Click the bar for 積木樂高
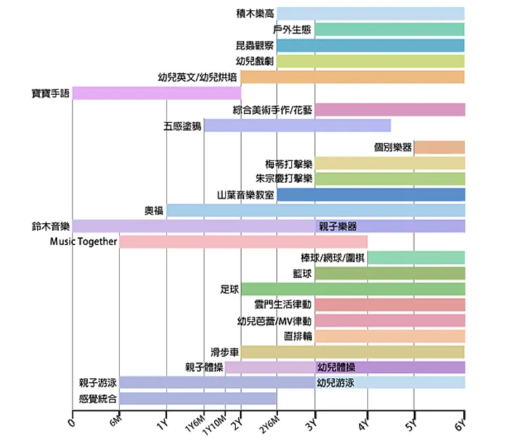[x=370, y=13]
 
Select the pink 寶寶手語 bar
[x=156, y=93]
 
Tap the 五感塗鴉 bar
[x=297, y=125]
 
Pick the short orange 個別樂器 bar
[x=439, y=147]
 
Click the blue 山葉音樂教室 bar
[x=370, y=194]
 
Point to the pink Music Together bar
[x=243, y=242]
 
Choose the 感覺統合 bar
[x=197, y=398]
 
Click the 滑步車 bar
[x=352, y=351]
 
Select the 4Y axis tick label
[x=364, y=422]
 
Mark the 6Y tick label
[x=460, y=422]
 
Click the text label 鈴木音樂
[x=51, y=226]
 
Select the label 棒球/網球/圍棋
[x=332, y=257]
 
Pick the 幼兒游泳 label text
[x=336, y=383]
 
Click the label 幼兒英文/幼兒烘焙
[x=197, y=77]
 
